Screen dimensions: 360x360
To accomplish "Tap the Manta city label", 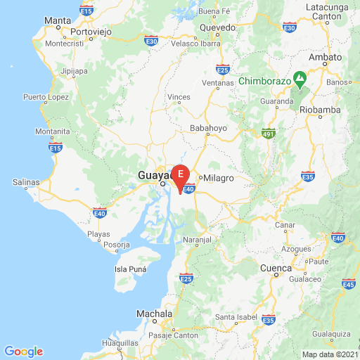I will pyautogui.click(x=57, y=21).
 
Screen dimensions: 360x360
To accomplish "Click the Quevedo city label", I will pyautogui.click(x=217, y=27).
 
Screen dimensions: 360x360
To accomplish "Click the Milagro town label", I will pyautogui.click(x=219, y=178).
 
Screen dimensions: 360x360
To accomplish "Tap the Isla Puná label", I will pyautogui.click(x=130, y=269).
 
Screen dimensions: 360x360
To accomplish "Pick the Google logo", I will pyautogui.click(x=23, y=352).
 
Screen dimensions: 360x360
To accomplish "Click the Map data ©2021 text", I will pyautogui.click(x=329, y=354).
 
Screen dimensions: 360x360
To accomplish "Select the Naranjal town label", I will pyautogui.click(x=198, y=240).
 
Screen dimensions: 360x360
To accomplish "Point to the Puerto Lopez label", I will pyautogui.click(x=45, y=96).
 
